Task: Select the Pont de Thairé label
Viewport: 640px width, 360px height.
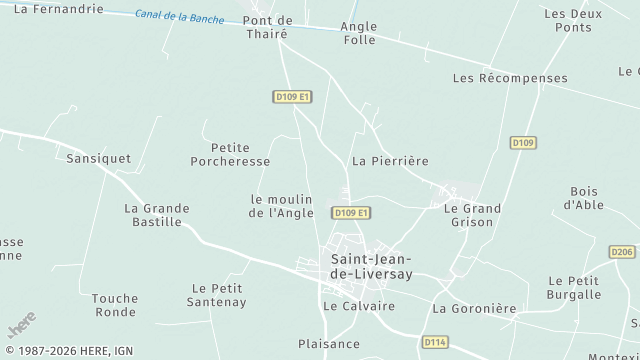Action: tap(267, 27)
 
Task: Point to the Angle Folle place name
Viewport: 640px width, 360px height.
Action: tap(358, 33)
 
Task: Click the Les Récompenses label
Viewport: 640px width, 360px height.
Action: tap(510, 78)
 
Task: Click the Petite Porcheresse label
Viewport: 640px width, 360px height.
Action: tap(229, 154)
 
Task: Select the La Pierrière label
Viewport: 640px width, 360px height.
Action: tap(390, 160)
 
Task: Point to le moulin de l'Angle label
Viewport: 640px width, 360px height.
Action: tap(282, 205)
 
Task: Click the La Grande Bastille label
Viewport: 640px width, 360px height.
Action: tap(157, 215)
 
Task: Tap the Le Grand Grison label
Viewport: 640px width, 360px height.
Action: tap(472, 215)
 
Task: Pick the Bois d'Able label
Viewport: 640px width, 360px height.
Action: tap(583, 198)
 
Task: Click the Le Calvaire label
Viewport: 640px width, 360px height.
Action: tap(358, 305)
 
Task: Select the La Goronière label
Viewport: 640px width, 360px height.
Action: tap(474, 309)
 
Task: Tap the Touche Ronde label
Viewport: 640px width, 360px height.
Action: tap(114, 305)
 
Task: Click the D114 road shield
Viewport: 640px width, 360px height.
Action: tap(434, 342)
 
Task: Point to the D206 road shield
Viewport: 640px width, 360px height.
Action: tap(622, 252)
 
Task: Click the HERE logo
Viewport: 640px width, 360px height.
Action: tap(22, 325)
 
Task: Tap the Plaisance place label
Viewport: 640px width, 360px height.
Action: tap(329, 344)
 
